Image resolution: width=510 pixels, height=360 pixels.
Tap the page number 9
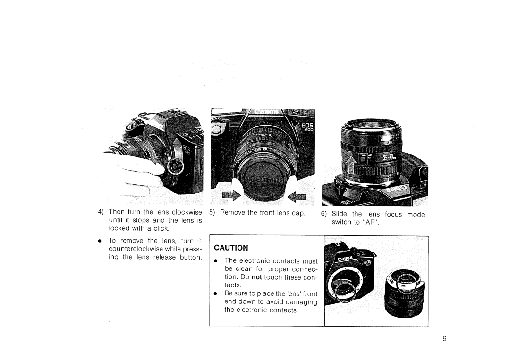tap(445, 338)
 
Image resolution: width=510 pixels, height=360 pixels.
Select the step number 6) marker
tap(324, 214)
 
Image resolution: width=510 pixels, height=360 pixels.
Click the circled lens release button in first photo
tap(174, 166)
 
